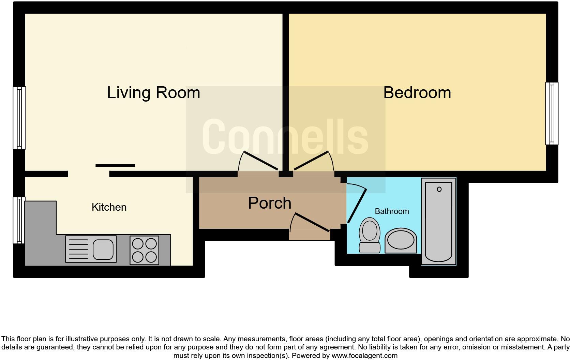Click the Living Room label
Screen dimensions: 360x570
click(x=153, y=93)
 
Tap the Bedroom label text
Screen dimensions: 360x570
click(x=417, y=93)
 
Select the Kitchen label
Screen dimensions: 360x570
click(x=109, y=207)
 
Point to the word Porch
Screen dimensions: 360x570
click(x=270, y=203)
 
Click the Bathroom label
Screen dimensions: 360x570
click(x=392, y=211)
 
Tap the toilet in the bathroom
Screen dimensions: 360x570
click(x=370, y=236)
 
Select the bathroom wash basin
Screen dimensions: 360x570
click(x=401, y=241)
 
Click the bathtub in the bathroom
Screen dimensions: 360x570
click(x=439, y=222)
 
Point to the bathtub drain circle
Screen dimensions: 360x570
click(x=439, y=189)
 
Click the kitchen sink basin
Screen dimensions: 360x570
click(x=103, y=249)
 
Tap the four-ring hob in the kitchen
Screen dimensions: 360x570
click(x=144, y=250)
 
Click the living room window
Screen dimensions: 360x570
click(x=19, y=118)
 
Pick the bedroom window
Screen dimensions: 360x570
click(x=552, y=114)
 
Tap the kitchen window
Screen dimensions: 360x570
click(x=19, y=220)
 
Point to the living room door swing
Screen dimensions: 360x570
click(x=258, y=161)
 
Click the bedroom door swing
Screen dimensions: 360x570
click(x=313, y=161)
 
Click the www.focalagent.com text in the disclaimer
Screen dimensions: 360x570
click(x=364, y=356)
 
